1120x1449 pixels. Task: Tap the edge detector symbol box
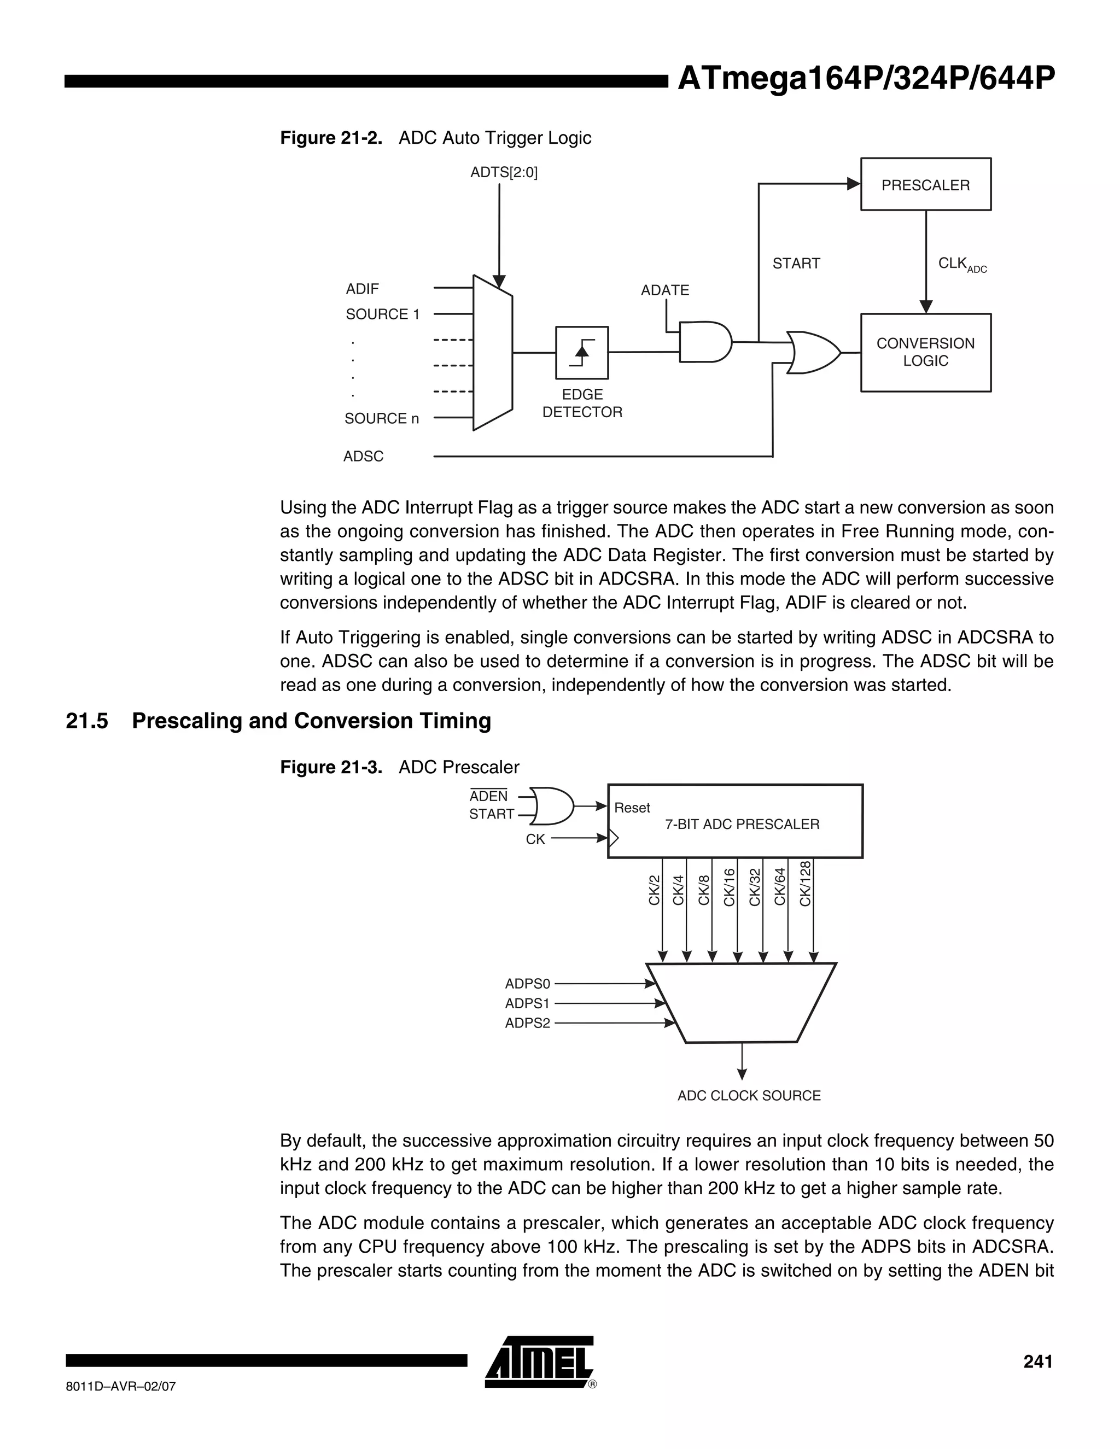581,352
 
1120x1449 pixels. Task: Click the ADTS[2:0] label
504,172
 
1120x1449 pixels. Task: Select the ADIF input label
362,289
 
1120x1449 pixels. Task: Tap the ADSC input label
363,457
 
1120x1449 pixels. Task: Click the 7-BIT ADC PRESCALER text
742,824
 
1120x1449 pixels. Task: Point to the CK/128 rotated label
806,883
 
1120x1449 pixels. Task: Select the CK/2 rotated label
654,890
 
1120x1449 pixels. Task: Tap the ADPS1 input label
528,1003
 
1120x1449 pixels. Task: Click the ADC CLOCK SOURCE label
749,1095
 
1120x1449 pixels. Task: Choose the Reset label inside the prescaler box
632,808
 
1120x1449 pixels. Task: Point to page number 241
1038,1362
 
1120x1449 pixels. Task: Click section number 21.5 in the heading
87,721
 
